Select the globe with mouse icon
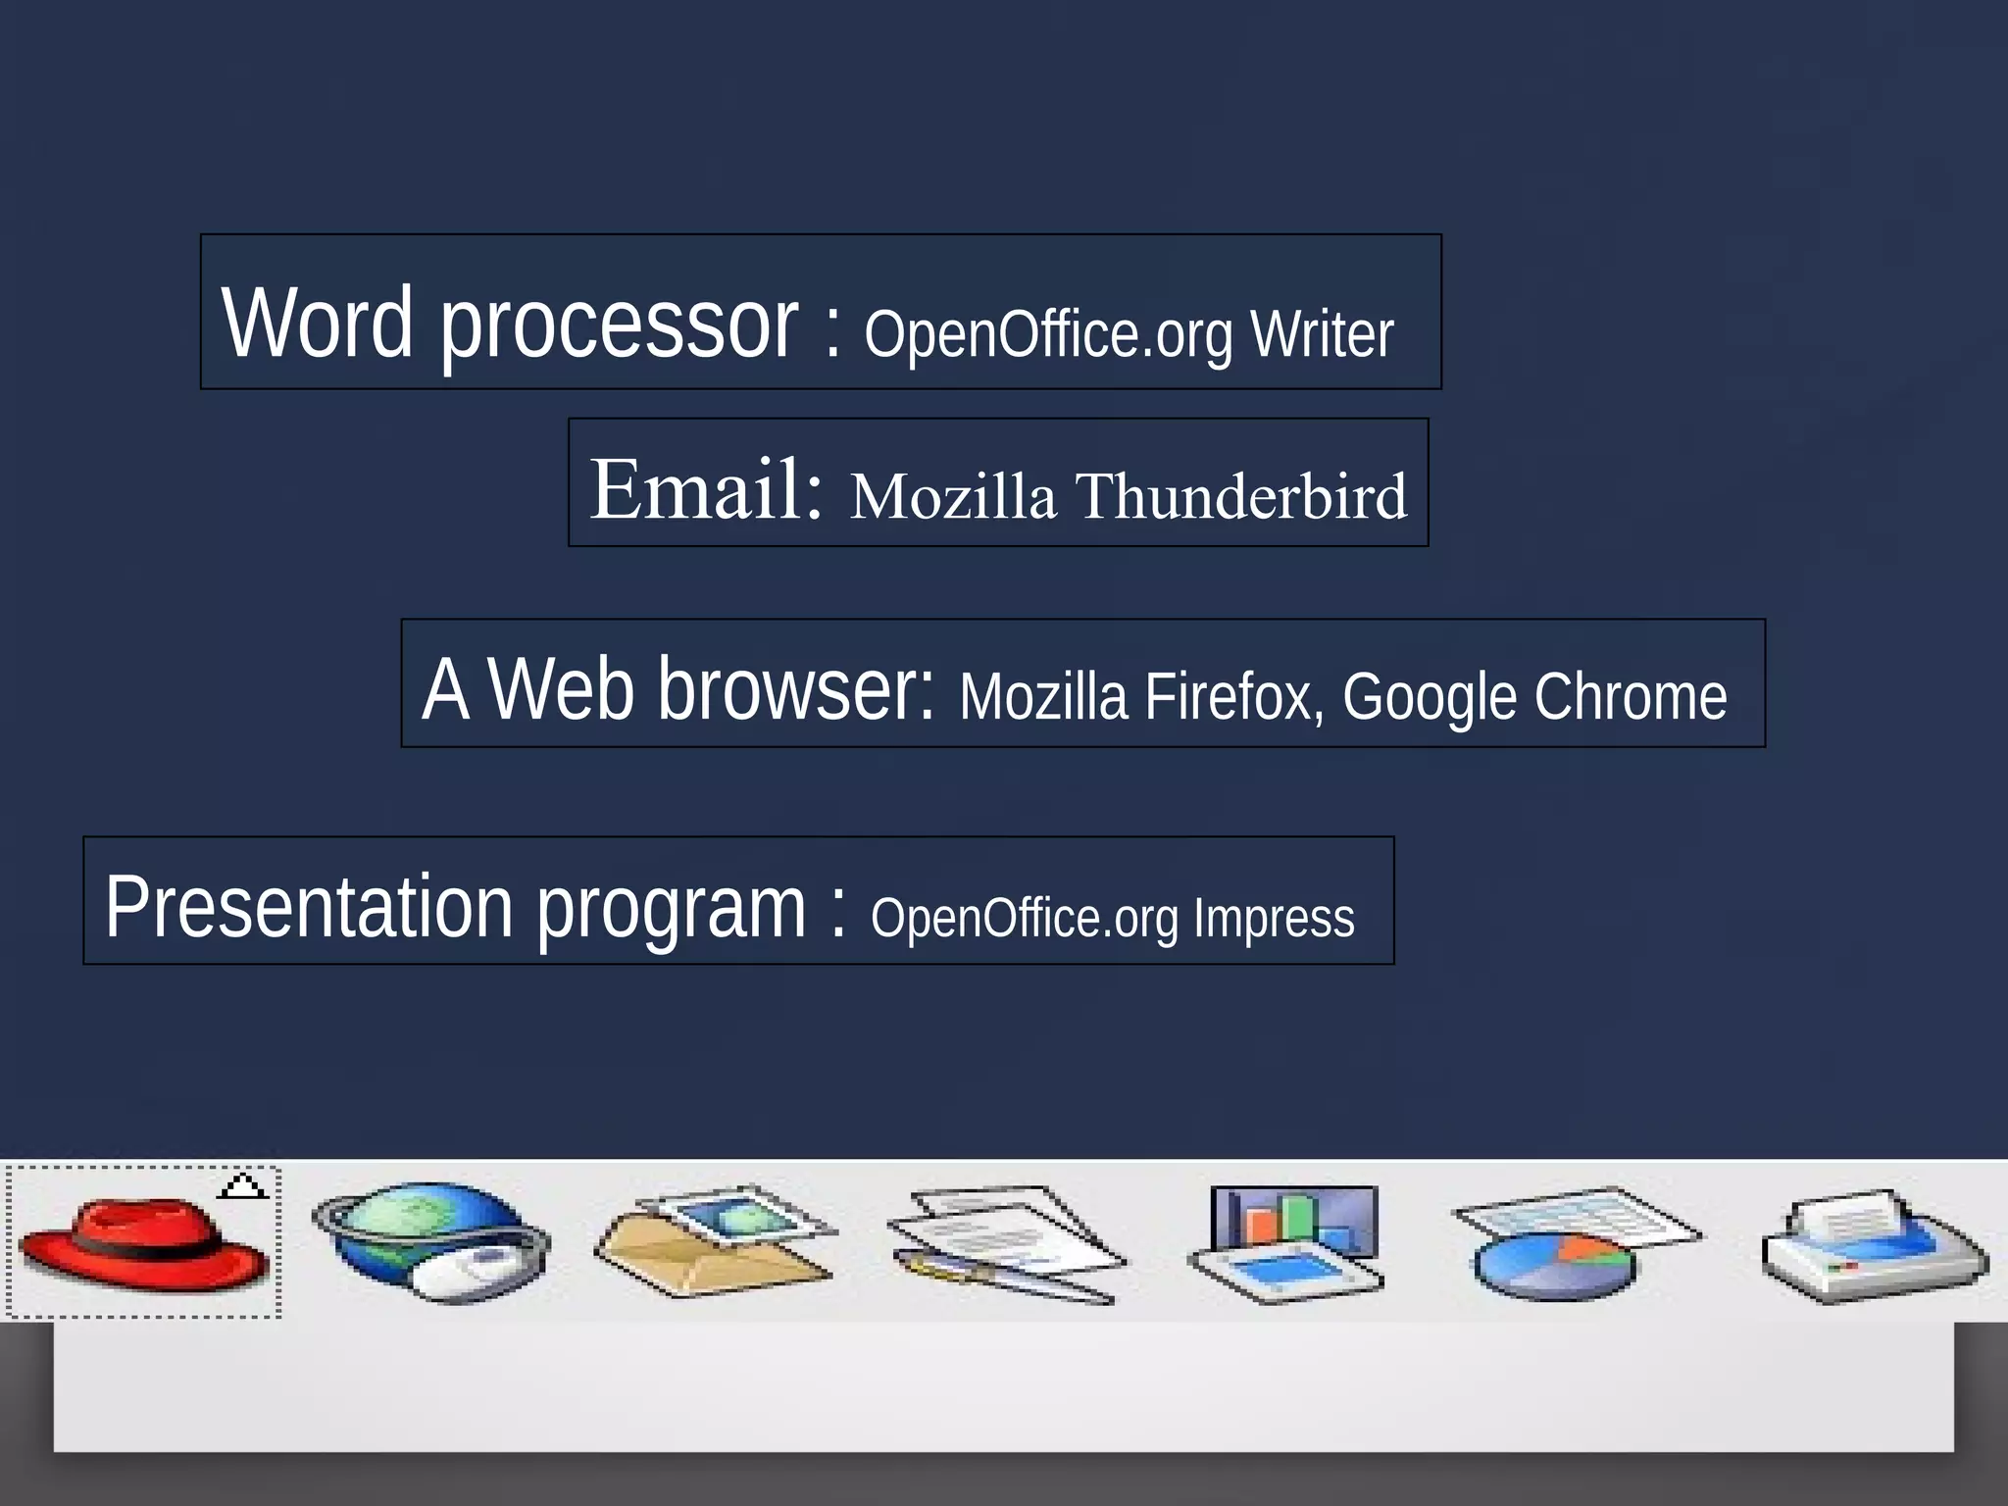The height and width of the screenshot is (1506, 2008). pyautogui.click(x=431, y=1242)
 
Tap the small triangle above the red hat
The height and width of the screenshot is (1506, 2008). pyautogui.click(x=242, y=1186)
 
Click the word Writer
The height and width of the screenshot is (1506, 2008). pyautogui.click(x=1322, y=334)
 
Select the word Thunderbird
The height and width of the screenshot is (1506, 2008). pyautogui.click(x=1241, y=495)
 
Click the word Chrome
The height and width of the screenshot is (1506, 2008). pyautogui.click(x=1630, y=696)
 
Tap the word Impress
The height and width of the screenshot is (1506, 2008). pyautogui.click(x=1274, y=918)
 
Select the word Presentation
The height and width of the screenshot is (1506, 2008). pyautogui.click(x=309, y=907)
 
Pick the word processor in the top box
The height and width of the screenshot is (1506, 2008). pyautogui.click(x=619, y=324)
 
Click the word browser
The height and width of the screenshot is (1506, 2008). pyautogui.click(x=796, y=688)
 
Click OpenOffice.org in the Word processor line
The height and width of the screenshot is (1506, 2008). pyautogui.click(x=1047, y=334)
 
